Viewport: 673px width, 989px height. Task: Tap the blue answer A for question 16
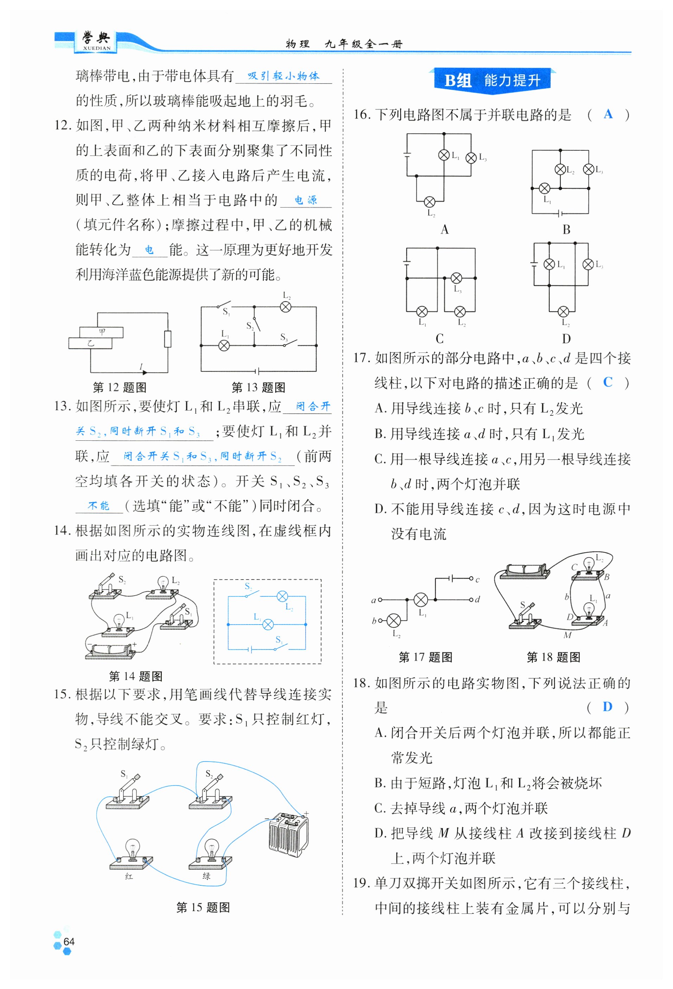608,114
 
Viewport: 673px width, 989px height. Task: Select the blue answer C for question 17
608,382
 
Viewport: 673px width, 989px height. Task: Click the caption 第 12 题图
120,387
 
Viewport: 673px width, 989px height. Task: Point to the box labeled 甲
101,332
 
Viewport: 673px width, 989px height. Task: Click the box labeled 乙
90,343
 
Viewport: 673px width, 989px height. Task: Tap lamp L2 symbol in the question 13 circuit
286,306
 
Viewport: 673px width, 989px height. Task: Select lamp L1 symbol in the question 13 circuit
224,345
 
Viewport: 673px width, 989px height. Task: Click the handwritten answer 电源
306,200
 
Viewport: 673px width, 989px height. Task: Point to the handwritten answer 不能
99,505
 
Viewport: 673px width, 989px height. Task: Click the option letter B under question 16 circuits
566,230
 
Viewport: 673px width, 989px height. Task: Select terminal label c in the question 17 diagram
477,580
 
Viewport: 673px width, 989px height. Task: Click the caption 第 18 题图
553,657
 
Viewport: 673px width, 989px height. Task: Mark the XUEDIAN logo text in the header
97,48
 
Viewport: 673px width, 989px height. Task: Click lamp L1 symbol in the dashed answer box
268,624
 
